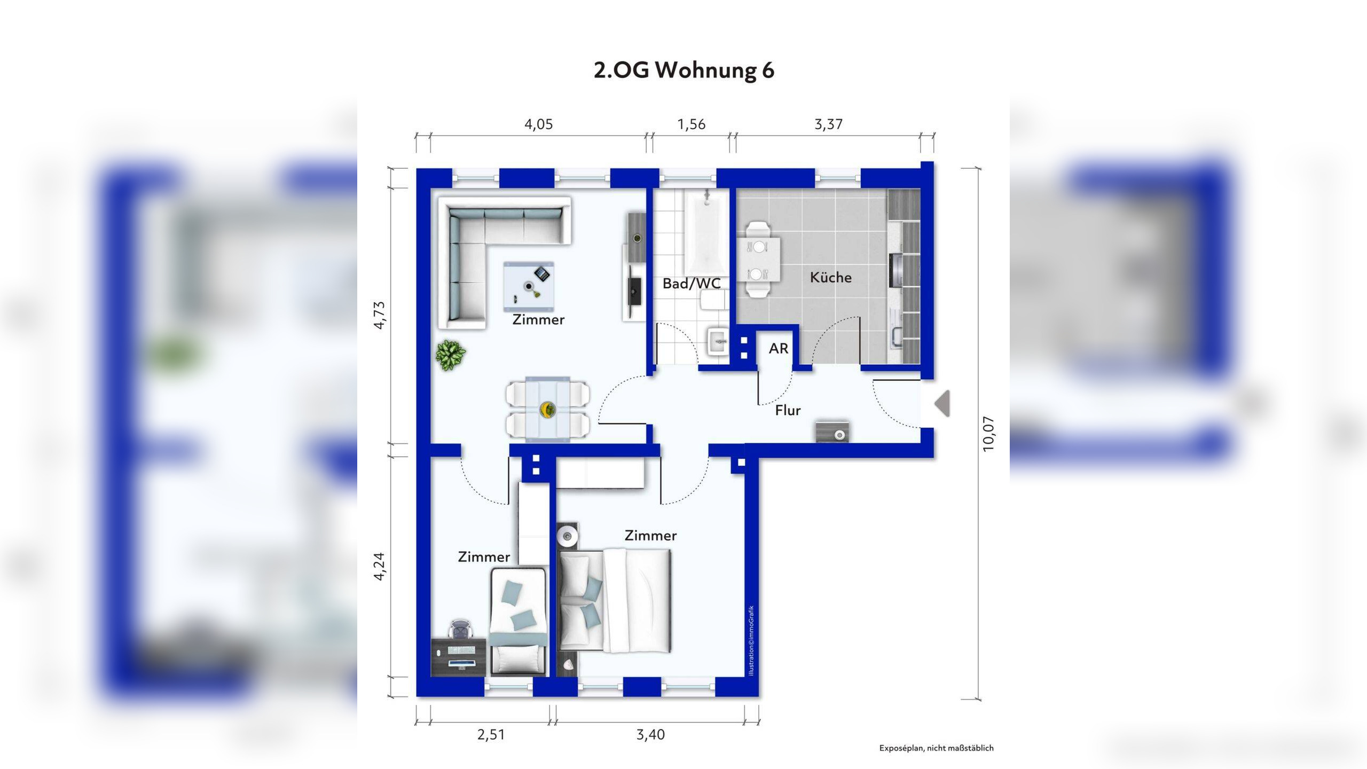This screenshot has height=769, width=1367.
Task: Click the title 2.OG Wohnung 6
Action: click(684, 70)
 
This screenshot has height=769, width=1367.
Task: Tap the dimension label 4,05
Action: click(538, 124)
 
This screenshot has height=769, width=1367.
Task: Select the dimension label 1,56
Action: click(692, 124)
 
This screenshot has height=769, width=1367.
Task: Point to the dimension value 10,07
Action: click(989, 434)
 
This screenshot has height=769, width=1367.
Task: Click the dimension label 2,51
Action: click(491, 735)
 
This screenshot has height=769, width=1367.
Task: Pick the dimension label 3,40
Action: click(650, 735)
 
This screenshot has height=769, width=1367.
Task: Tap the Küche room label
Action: click(831, 277)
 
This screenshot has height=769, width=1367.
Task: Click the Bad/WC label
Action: click(692, 284)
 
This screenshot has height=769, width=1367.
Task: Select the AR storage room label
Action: click(779, 349)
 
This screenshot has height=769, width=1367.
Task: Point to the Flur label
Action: click(788, 410)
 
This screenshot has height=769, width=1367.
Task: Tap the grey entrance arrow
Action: click(942, 403)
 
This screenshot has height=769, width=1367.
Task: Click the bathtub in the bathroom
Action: click(706, 233)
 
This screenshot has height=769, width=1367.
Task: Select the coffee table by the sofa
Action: click(529, 287)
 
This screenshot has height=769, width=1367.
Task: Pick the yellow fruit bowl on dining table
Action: click(548, 410)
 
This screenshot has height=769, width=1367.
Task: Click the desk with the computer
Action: click(459, 657)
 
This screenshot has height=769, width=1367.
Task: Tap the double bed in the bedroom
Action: click(614, 601)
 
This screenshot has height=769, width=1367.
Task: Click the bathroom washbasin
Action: click(718, 341)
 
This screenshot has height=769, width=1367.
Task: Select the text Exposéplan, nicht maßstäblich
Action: click(937, 748)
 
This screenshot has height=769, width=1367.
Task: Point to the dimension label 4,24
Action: click(379, 566)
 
